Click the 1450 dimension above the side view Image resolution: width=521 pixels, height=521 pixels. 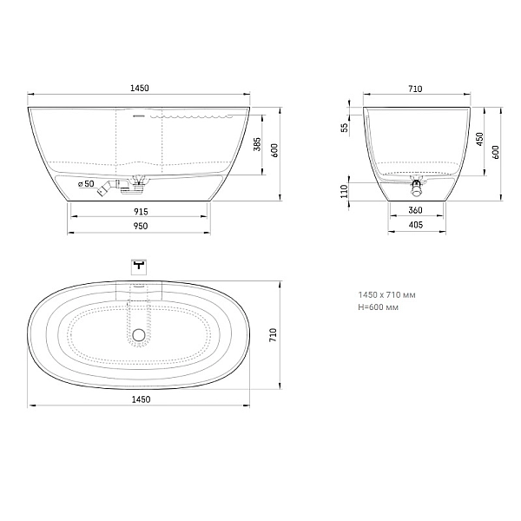pyautogui.click(x=140, y=88)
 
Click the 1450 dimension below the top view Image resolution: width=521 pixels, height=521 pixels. pyautogui.click(x=141, y=399)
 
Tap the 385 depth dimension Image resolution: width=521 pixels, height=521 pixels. pyautogui.click(x=257, y=144)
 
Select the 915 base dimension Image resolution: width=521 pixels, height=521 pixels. pyautogui.click(x=141, y=211)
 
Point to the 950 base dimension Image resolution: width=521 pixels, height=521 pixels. pyautogui.click(x=141, y=226)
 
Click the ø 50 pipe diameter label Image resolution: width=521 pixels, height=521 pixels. pyautogui.click(x=86, y=184)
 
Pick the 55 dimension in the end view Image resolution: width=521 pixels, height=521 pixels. pyautogui.click(x=345, y=128)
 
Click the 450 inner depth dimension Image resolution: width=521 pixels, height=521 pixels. pyautogui.click(x=480, y=139)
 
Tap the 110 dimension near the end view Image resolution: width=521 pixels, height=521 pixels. pyautogui.click(x=344, y=192)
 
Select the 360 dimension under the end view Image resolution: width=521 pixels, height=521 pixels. pyautogui.click(x=415, y=210)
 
